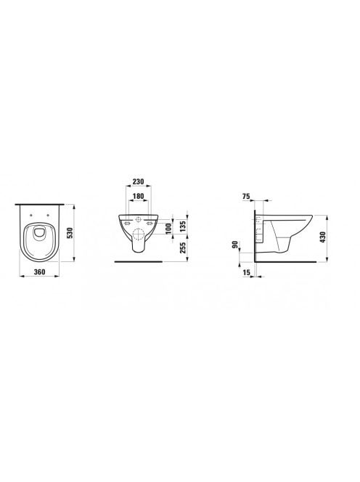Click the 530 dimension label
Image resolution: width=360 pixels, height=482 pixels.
pos(70,233)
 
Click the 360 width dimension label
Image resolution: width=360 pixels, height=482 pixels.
pos(39,271)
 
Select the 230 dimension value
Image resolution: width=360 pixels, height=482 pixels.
pos(138,181)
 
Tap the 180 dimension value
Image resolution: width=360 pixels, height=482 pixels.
pos(138,196)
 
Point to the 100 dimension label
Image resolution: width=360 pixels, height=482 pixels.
pos(168,229)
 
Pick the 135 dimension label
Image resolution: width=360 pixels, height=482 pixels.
pos(182,226)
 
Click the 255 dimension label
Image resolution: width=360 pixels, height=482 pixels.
pos(182,248)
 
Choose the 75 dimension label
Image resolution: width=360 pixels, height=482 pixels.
pos(246,197)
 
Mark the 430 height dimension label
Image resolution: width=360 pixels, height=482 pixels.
pos(322,237)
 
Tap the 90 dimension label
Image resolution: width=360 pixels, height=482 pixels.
pos(236,245)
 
